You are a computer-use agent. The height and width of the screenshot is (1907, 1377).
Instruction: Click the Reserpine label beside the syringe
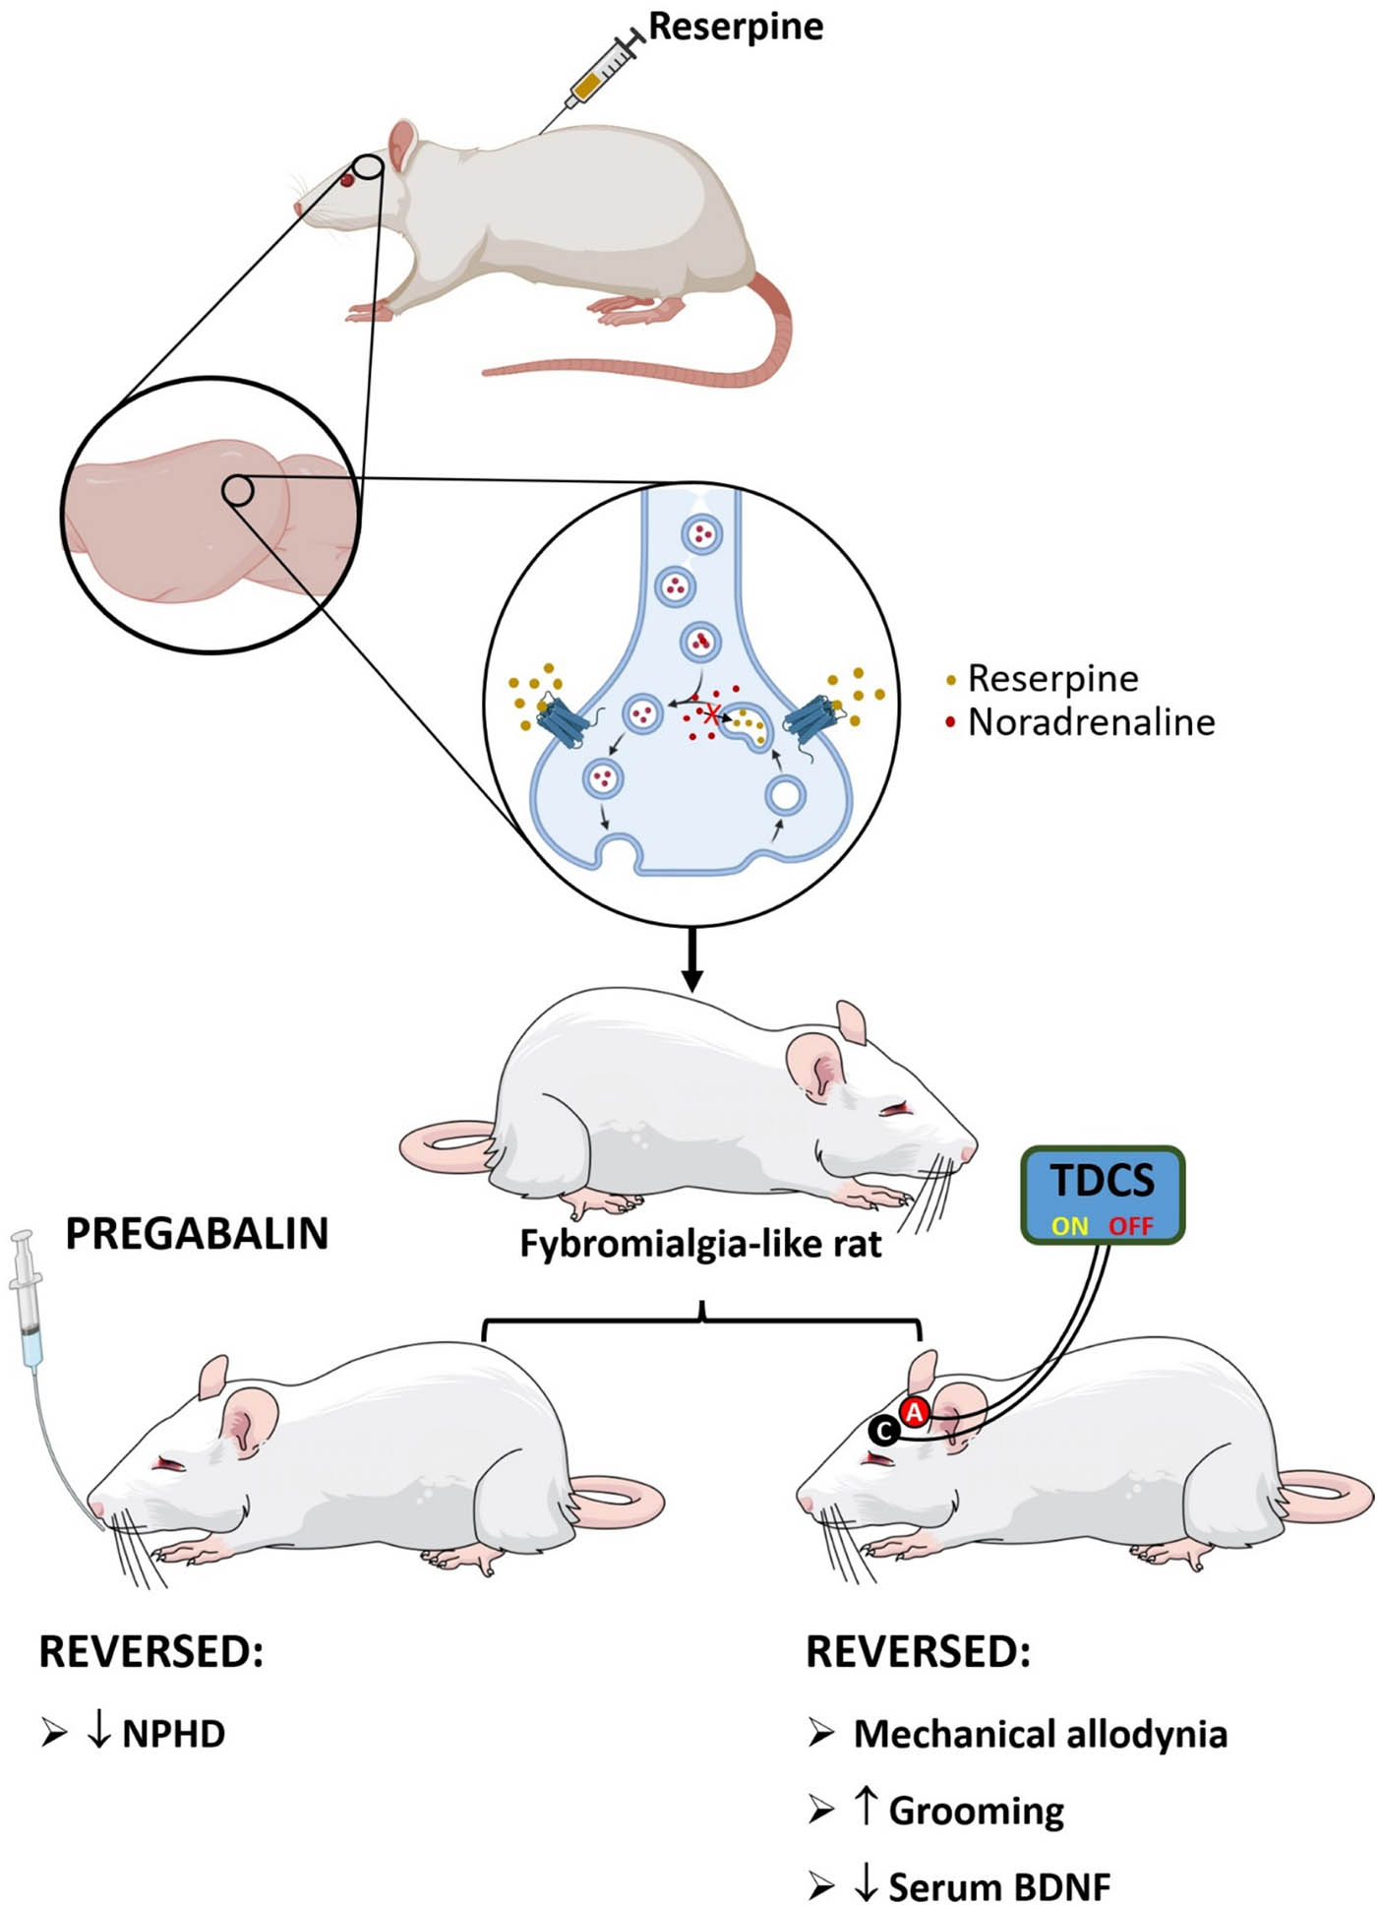coord(736,27)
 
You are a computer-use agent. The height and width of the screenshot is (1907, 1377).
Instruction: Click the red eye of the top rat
coord(348,180)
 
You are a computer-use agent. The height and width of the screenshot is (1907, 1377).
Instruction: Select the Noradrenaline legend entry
coord(1091,722)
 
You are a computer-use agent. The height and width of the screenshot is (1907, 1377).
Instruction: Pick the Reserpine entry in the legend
coord(1052,678)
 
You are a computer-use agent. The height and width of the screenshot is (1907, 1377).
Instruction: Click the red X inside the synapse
coord(712,714)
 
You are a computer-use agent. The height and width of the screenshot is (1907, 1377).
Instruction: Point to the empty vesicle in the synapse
coord(785,795)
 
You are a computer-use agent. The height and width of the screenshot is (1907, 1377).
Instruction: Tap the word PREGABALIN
coord(197,1234)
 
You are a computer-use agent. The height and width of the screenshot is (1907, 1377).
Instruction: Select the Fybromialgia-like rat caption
coord(700,1244)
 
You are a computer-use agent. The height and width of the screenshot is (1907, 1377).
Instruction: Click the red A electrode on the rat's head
coord(915,1412)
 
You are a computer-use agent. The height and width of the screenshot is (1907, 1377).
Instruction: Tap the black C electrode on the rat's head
coord(883,1431)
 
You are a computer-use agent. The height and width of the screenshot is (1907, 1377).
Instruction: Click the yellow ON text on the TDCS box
coord(1069,1226)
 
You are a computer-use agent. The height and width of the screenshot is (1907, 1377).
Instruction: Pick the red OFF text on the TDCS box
coord(1130,1226)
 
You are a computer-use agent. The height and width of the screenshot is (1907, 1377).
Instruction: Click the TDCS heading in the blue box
coord(1102,1181)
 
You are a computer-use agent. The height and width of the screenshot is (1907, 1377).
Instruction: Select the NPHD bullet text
coord(173,1734)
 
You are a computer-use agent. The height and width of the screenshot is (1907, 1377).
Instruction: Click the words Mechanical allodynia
coord(1040,1734)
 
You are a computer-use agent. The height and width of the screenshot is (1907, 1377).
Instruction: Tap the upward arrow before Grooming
coord(866,1807)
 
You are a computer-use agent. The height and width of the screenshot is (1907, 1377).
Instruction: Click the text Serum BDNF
coord(998,1886)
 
